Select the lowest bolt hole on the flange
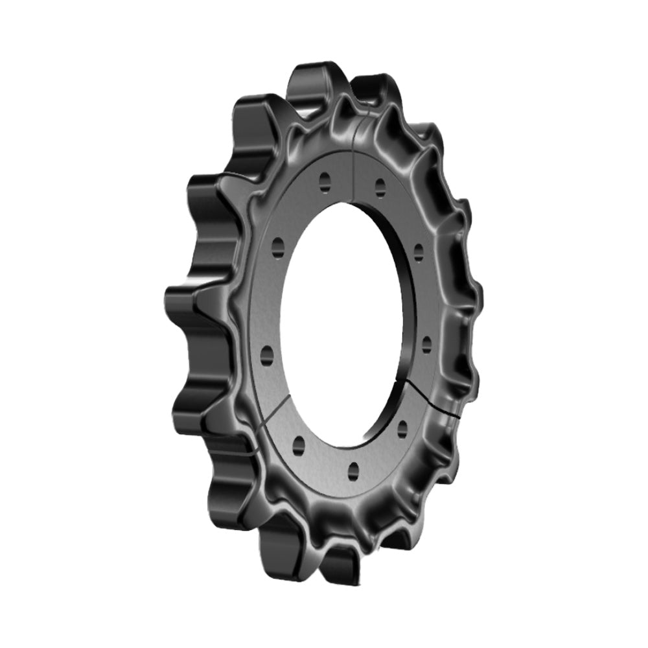pos(353,469)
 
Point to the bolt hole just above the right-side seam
pos(426,344)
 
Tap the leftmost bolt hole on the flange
pos(265,352)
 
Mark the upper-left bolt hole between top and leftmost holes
pos(279,245)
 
